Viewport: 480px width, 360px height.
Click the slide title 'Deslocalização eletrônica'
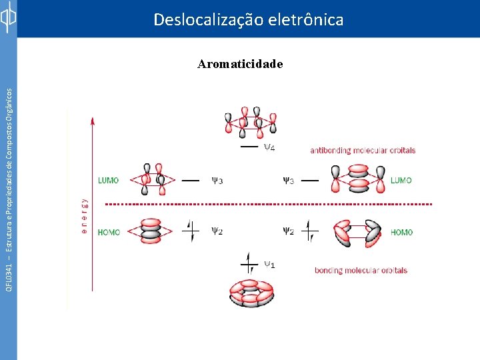[x=248, y=20]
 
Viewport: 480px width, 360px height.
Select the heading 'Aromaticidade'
[x=240, y=65]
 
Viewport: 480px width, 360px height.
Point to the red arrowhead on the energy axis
[x=92, y=120]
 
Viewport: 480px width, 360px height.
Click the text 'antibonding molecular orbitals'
[x=363, y=151]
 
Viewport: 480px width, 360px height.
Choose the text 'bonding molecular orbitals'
[x=361, y=270]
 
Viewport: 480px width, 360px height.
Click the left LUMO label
[x=109, y=180]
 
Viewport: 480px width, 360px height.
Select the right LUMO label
[x=401, y=180]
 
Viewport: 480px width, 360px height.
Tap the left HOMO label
[x=109, y=233]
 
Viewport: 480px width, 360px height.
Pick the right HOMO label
[x=401, y=233]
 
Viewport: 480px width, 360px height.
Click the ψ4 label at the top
[x=269, y=147]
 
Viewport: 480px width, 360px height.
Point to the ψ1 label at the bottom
[x=269, y=264]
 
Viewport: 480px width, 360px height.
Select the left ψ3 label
[x=217, y=180]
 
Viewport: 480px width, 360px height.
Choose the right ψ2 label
[x=288, y=231]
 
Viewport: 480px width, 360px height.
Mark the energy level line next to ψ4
[x=249, y=146]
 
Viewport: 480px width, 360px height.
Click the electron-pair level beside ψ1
[x=249, y=265]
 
